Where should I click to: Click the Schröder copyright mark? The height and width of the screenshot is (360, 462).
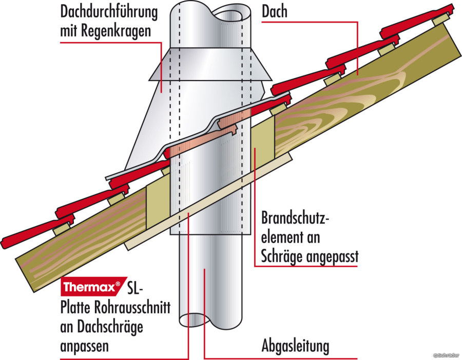click(446, 355)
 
